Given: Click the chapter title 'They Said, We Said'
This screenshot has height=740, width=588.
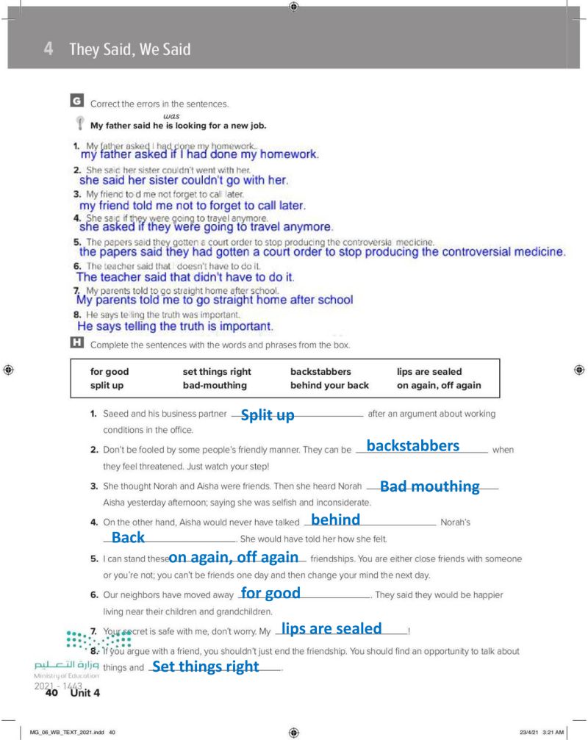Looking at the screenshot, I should click(130, 49).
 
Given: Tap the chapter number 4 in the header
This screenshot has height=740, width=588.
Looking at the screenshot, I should click(48, 49).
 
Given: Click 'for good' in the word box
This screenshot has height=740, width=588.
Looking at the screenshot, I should click(110, 372).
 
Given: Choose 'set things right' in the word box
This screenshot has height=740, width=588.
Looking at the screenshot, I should click(217, 372).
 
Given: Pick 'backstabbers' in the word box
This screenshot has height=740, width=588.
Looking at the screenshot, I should click(320, 372).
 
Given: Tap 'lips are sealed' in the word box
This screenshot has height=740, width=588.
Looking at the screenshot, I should click(429, 372).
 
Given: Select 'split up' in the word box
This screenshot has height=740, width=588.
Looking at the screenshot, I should click(107, 385).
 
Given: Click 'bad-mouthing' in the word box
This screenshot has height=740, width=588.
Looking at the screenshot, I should click(215, 385).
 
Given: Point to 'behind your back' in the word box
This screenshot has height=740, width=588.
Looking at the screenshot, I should click(329, 385).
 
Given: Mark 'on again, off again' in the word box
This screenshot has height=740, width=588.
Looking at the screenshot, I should click(439, 385).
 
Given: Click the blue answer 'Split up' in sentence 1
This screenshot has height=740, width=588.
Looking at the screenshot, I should click(268, 415).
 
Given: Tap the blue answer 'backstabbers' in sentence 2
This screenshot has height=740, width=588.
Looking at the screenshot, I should click(412, 446).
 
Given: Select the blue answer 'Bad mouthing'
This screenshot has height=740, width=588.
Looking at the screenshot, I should click(429, 486).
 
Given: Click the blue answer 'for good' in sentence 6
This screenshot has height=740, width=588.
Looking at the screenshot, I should click(270, 592).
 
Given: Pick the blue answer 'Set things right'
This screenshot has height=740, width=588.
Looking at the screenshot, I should click(205, 667).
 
